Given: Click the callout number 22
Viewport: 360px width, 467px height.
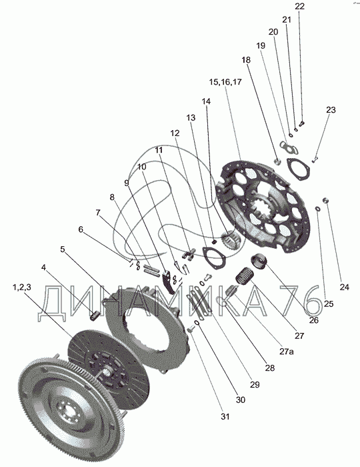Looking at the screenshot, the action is pyautogui.click(x=299, y=6).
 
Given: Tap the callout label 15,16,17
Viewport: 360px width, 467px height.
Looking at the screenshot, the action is pyautogui.click(x=225, y=82).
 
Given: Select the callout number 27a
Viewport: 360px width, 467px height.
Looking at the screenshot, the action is pyautogui.click(x=286, y=352).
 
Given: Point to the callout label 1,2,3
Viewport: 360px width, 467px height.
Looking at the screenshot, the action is pyautogui.click(x=21, y=288).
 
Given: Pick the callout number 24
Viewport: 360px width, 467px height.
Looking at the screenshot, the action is pyautogui.click(x=344, y=287).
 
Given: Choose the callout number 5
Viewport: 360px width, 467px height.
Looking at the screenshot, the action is pyautogui.click(x=63, y=249).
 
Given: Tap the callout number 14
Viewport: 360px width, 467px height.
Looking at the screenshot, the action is pyautogui.click(x=206, y=101).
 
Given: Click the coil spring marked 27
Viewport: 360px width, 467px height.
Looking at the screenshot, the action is pyautogui.click(x=244, y=276).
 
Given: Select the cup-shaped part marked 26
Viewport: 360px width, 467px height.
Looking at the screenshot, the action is pyautogui.click(x=259, y=261).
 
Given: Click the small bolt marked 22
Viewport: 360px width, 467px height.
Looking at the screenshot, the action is pyautogui.click(x=302, y=123).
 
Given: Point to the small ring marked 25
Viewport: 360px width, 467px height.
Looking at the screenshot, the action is pyautogui.click(x=318, y=209).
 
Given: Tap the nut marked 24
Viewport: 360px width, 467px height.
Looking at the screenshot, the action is pyautogui.click(x=327, y=200).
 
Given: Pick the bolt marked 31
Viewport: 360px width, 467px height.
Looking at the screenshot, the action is pyautogui.click(x=191, y=330).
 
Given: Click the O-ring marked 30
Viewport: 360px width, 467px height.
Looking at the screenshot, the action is pyautogui.click(x=197, y=324).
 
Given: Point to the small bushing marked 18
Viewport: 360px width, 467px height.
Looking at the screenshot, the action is pyautogui.click(x=277, y=161).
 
